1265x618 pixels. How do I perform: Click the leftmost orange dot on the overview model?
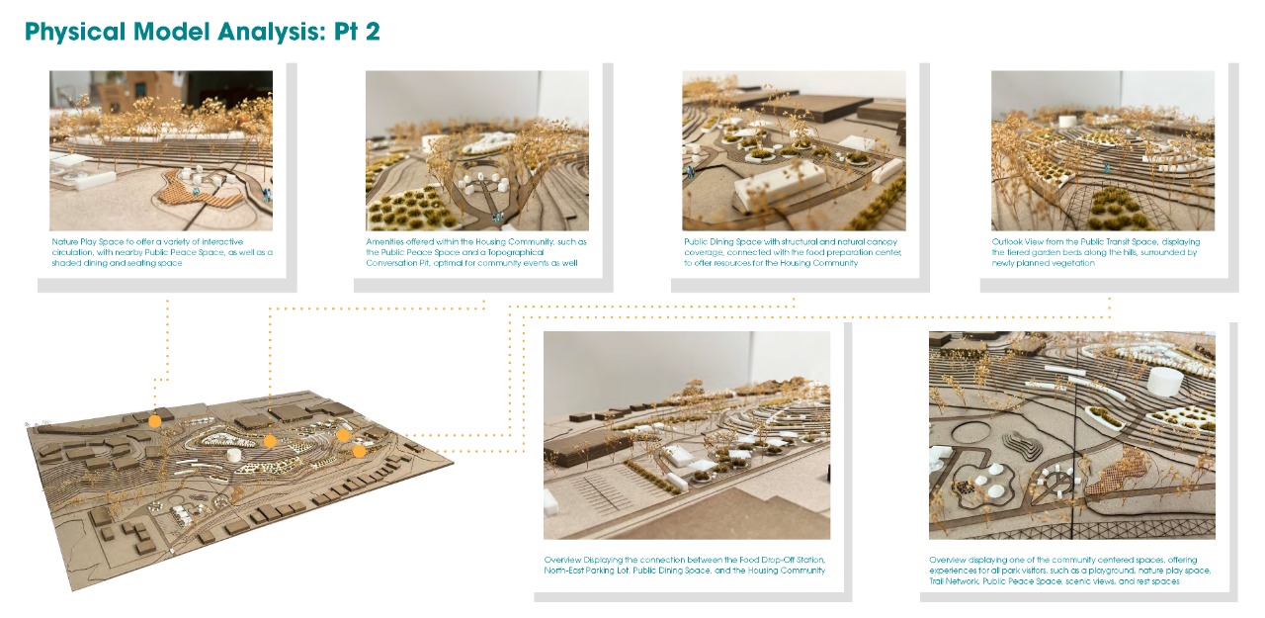point(155,421)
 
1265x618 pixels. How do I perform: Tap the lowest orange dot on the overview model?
point(359,451)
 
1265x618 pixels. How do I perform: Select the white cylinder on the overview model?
point(234,455)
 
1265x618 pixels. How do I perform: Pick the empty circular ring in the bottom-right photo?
point(972,434)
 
